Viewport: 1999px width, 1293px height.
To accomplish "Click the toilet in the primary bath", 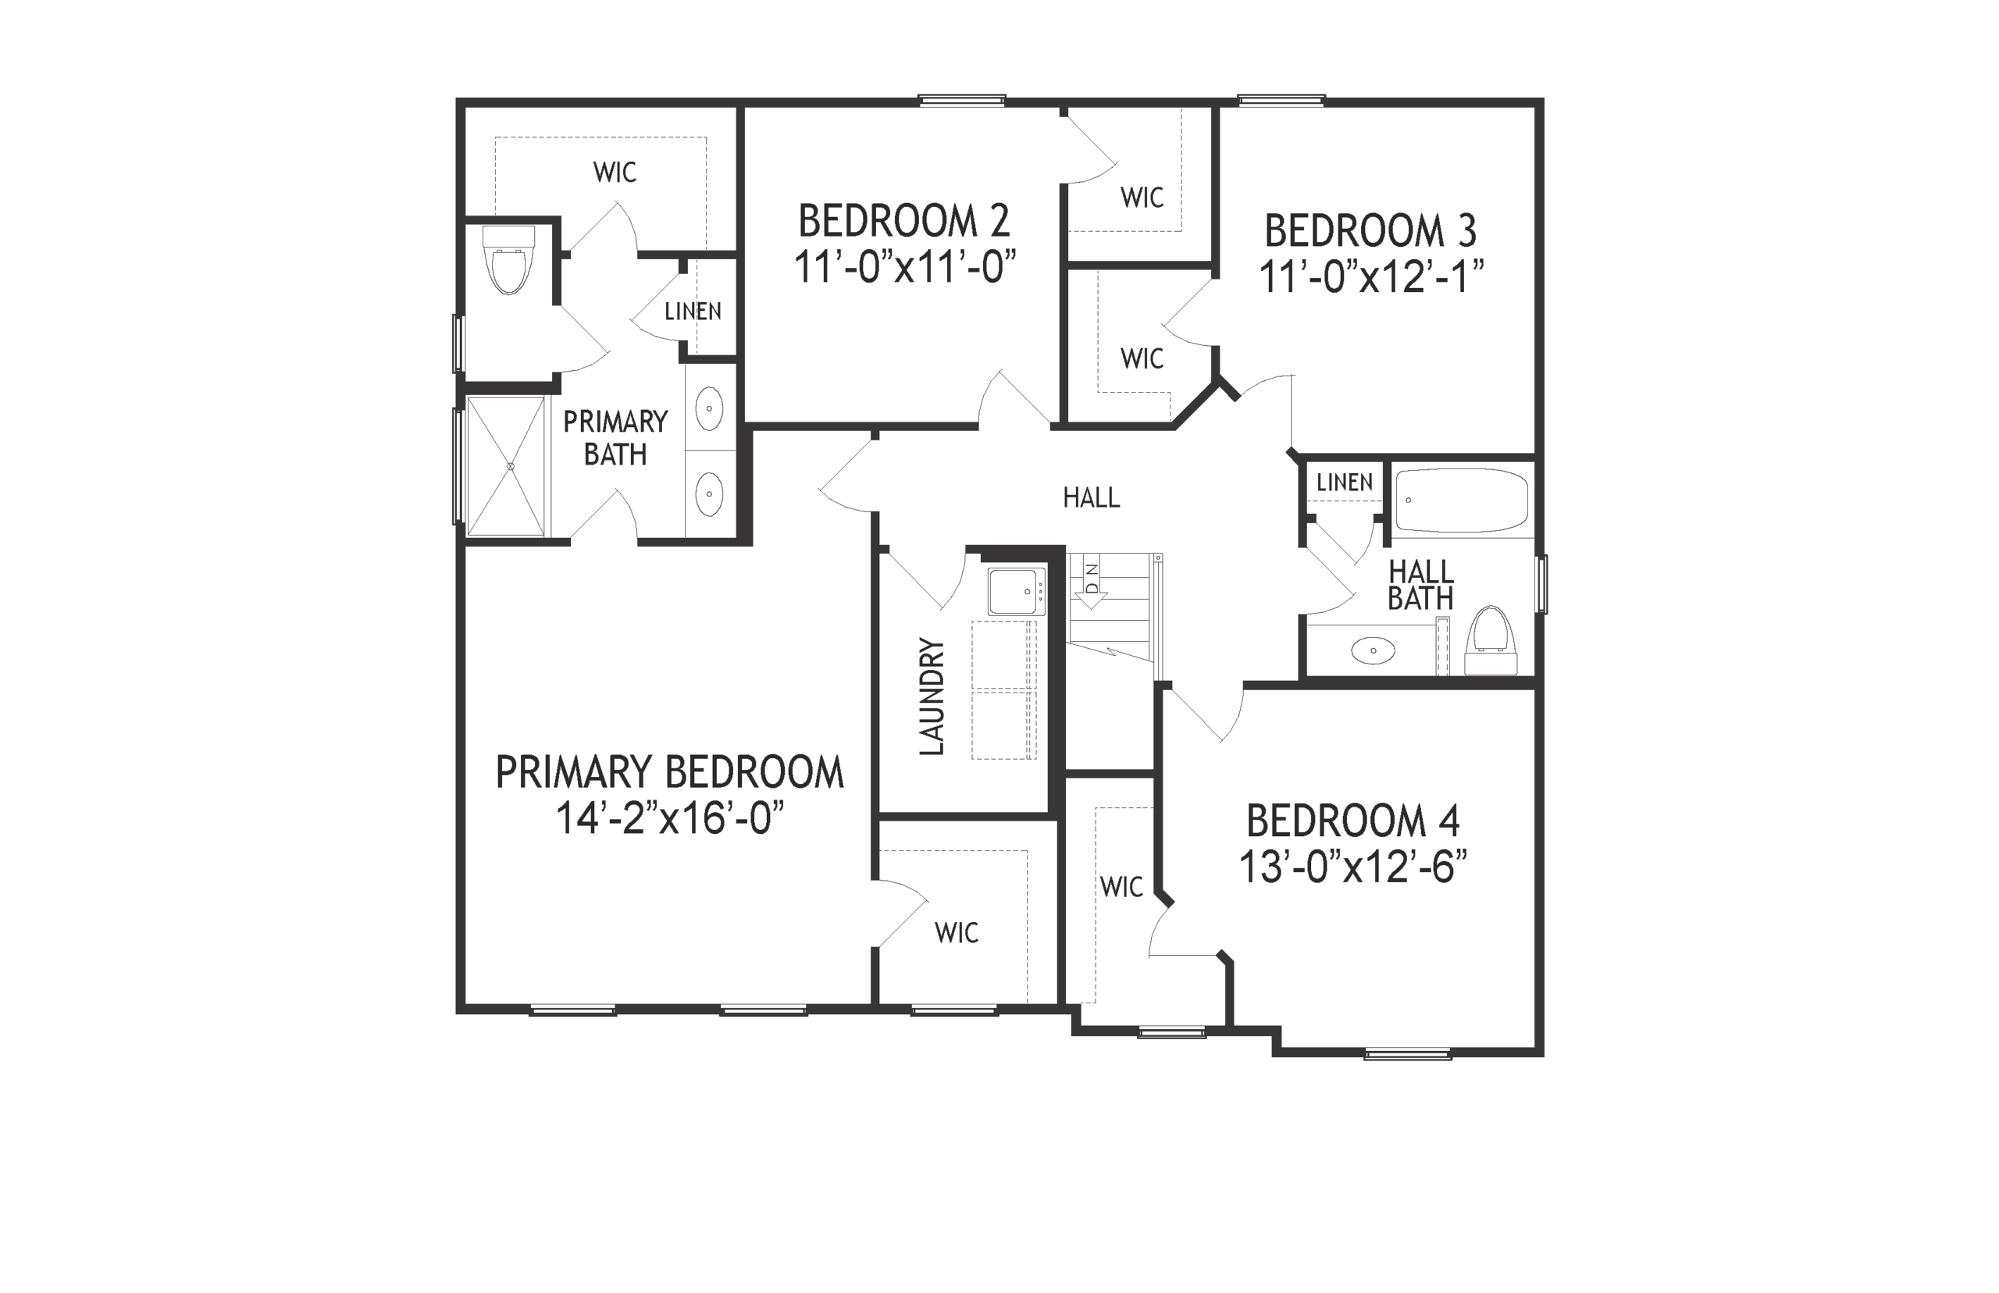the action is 509,259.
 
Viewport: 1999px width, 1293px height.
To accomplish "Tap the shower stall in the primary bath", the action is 505,466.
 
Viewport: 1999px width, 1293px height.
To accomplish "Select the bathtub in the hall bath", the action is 1461,500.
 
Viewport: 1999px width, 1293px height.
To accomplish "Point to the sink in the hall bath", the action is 1374,650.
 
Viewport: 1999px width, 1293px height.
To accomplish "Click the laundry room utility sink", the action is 1016,591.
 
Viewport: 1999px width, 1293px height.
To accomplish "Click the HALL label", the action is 1092,498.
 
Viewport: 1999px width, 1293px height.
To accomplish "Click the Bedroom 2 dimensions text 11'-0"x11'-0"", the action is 905,268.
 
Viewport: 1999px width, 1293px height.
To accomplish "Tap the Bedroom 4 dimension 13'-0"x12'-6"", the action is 1353,867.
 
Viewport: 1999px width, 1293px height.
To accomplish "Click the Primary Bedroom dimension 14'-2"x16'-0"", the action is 670,817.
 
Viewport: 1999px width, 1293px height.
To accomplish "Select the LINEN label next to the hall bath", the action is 1345,482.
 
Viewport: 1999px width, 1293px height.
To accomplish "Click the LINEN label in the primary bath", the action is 693,312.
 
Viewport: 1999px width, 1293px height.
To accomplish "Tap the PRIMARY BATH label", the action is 615,437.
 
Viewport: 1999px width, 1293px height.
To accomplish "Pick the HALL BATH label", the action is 1420,586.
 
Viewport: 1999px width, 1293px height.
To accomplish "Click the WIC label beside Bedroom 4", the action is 1121,887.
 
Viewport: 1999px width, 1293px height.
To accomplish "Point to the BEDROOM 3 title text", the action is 1370,231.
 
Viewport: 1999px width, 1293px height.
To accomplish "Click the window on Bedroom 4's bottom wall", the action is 1408,1054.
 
